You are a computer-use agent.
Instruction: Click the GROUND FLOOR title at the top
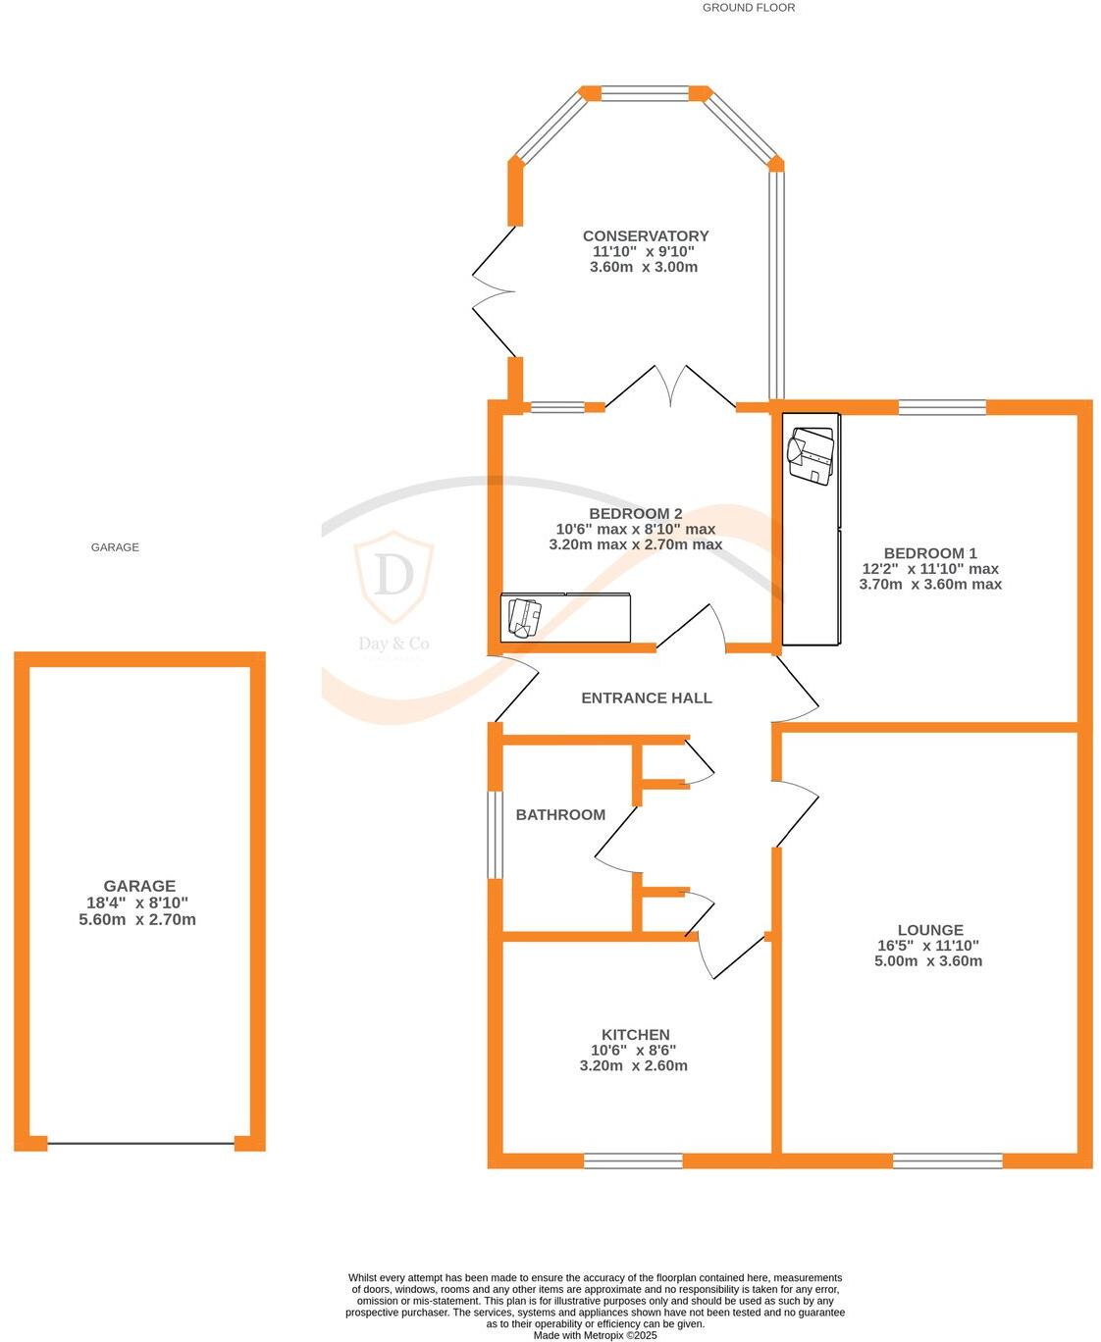click(x=748, y=8)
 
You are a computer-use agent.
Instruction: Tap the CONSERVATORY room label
click(x=645, y=236)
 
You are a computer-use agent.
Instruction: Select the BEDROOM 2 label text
click(x=635, y=514)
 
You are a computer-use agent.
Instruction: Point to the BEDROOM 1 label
click(x=929, y=553)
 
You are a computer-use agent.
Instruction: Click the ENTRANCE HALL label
click(x=646, y=698)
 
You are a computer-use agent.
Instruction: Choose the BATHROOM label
click(x=560, y=815)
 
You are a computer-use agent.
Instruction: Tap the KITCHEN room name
click(x=635, y=1035)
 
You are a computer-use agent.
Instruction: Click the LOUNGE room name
click(x=929, y=930)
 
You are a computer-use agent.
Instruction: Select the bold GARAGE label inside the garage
click(x=138, y=886)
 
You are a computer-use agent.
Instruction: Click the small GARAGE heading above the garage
click(x=115, y=547)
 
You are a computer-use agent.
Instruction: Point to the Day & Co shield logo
click(x=393, y=577)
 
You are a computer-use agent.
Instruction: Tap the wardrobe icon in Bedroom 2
click(x=523, y=617)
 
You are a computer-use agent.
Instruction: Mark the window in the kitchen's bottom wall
click(x=633, y=1161)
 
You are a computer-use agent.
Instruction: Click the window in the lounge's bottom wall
click(x=947, y=1161)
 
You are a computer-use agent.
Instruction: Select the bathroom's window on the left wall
click(x=495, y=834)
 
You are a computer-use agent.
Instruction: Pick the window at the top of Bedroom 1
click(x=942, y=407)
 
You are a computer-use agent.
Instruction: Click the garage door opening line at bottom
click(x=139, y=1143)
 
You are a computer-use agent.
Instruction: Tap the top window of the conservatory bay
click(x=645, y=93)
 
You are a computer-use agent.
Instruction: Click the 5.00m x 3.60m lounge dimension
click(x=928, y=961)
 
